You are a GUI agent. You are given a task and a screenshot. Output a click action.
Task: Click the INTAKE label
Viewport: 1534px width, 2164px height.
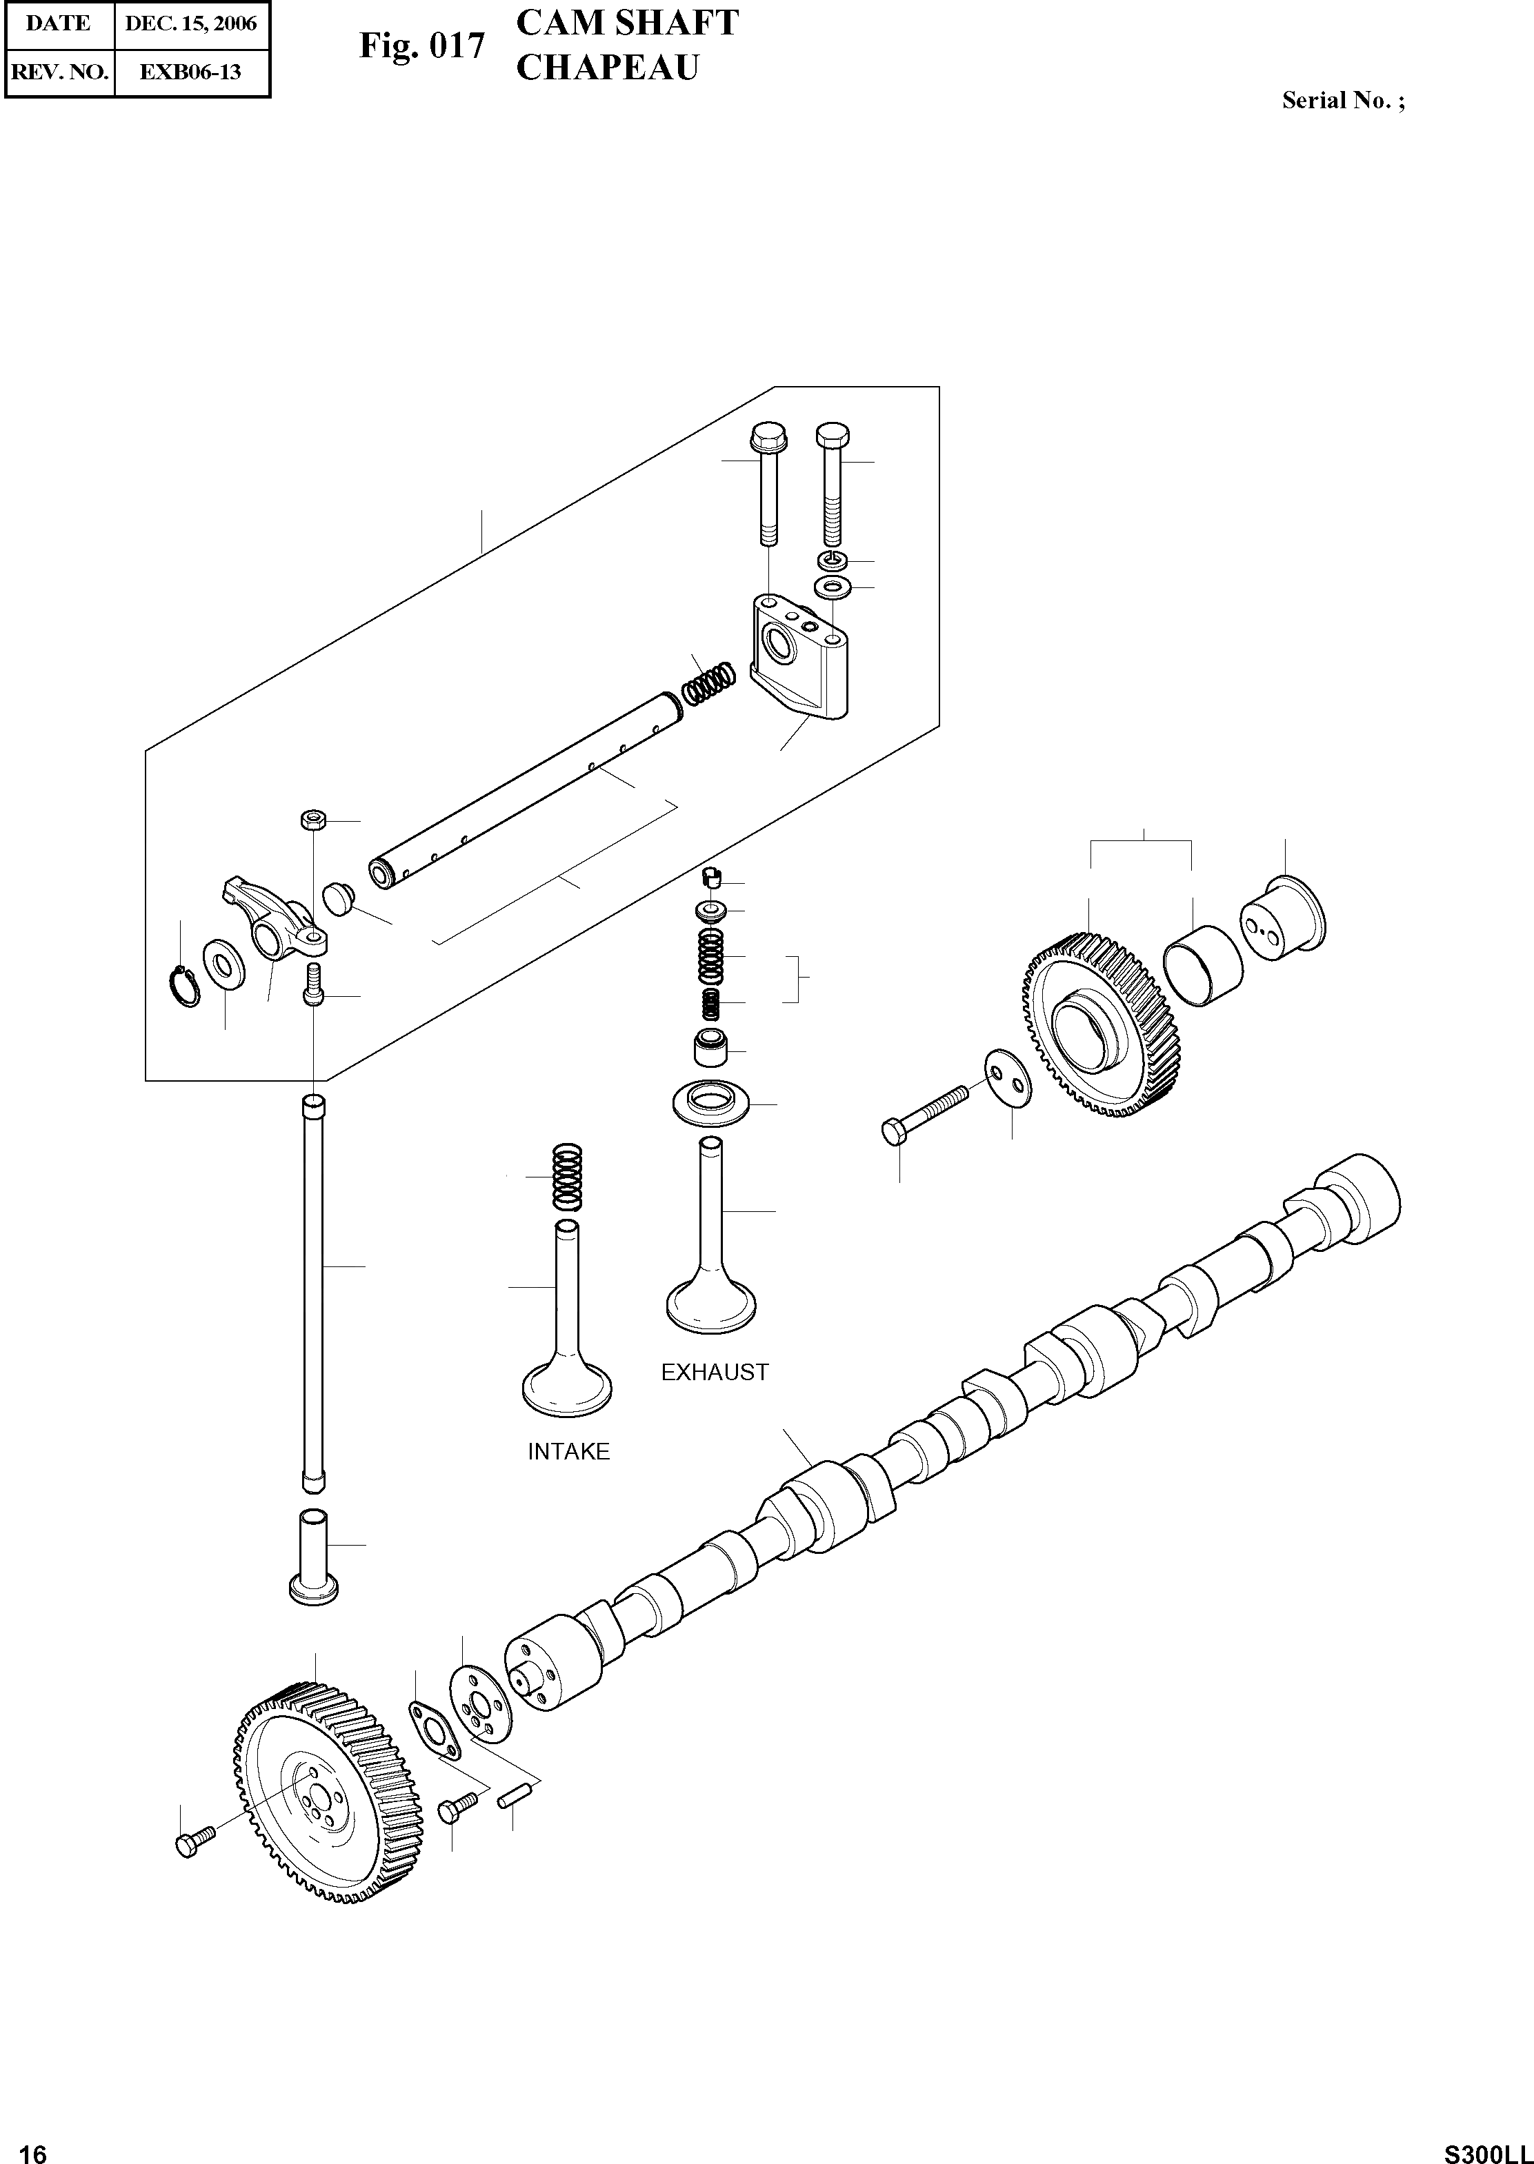pos(568,1451)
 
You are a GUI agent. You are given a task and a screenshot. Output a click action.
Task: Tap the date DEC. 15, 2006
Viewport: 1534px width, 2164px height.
pos(191,23)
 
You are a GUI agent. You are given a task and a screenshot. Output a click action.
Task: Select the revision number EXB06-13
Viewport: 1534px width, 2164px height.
pos(191,71)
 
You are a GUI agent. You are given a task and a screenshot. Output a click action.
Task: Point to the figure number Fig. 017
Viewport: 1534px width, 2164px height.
pos(421,45)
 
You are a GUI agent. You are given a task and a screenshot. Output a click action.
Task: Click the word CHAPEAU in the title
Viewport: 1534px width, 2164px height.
pos(608,68)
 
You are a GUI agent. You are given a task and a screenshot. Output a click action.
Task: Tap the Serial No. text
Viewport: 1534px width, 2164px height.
pos(1342,101)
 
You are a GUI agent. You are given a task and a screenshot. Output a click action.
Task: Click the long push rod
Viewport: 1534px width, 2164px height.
pos(312,1293)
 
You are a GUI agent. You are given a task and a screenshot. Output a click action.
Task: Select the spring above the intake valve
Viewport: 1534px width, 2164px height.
pos(567,1176)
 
